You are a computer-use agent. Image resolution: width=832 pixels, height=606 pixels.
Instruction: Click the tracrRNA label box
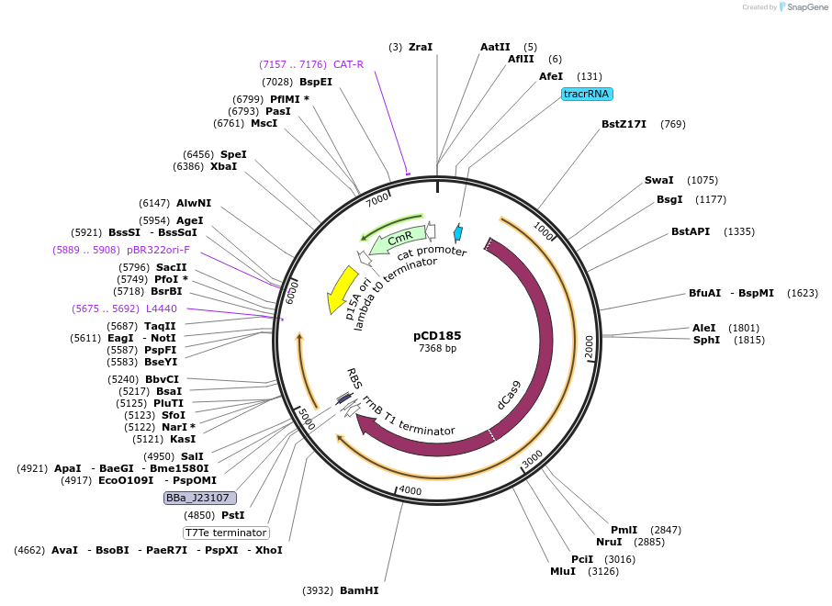(587, 94)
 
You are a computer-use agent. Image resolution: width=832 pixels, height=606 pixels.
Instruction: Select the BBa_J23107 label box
(200, 498)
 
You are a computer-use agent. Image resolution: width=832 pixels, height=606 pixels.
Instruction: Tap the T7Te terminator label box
(226, 533)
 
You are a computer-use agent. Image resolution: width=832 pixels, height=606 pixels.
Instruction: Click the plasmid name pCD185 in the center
(437, 335)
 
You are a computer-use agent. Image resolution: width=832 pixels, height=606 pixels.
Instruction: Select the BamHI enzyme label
(359, 590)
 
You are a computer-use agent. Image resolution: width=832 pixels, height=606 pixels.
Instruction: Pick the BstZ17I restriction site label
(624, 124)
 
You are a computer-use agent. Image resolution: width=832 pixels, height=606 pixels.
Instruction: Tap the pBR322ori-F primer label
(158, 249)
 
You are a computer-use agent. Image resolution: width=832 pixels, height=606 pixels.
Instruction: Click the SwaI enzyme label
(658, 180)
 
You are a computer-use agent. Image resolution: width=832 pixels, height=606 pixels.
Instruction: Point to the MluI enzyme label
(562, 571)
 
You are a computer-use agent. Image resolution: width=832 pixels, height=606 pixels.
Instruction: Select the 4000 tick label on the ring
(410, 491)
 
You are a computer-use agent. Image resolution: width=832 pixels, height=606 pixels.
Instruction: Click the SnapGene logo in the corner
(794, 7)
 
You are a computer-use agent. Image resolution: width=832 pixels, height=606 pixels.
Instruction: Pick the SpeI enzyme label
(233, 154)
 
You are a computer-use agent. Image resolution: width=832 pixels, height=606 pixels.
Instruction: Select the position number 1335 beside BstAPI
(739, 231)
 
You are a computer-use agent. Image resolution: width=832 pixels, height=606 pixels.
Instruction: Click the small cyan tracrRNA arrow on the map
(458, 234)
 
